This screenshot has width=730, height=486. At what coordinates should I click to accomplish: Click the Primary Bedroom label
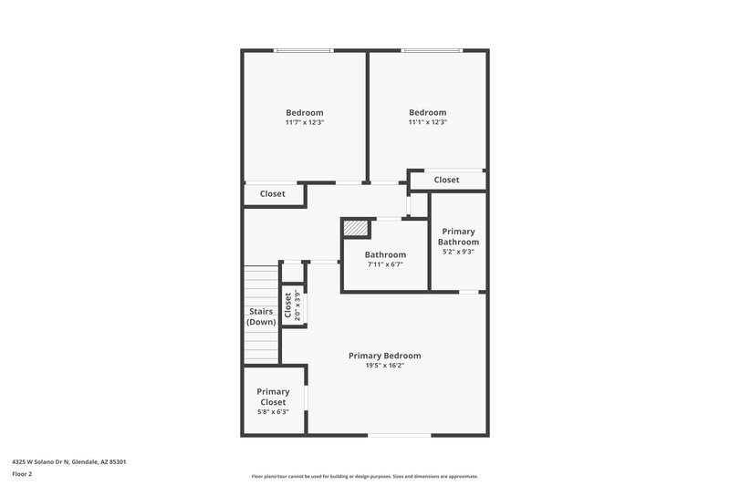tap(384, 356)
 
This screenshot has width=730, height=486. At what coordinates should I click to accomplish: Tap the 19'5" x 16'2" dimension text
tap(384, 365)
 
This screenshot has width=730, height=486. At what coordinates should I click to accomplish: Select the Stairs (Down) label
tap(262, 316)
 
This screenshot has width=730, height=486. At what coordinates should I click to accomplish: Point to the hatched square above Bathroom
tap(356, 228)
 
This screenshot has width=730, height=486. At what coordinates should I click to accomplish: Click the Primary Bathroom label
tap(458, 236)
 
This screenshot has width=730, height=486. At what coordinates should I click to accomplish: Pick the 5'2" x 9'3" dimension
tap(458, 253)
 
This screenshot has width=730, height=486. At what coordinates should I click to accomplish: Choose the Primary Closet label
tap(273, 397)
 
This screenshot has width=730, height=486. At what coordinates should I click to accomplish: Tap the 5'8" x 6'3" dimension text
tap(273, 412)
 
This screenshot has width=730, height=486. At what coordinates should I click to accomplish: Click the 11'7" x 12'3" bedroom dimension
tap(305, 122)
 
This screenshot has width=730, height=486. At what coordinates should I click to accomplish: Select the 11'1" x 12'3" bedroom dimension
tap(427, 122)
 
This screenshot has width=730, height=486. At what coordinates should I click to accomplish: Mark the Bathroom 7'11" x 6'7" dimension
tap(384, 264)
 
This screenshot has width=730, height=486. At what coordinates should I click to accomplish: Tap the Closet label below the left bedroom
tap(273, 194)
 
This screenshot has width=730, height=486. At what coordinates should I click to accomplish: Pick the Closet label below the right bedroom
tap(446, 181)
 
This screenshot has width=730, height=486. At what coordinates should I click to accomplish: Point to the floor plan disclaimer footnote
tap(364, 476)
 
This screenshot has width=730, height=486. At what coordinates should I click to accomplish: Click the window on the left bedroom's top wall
tap(305, 51)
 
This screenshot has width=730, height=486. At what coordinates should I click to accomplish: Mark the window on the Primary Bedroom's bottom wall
tap(399, 436)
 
